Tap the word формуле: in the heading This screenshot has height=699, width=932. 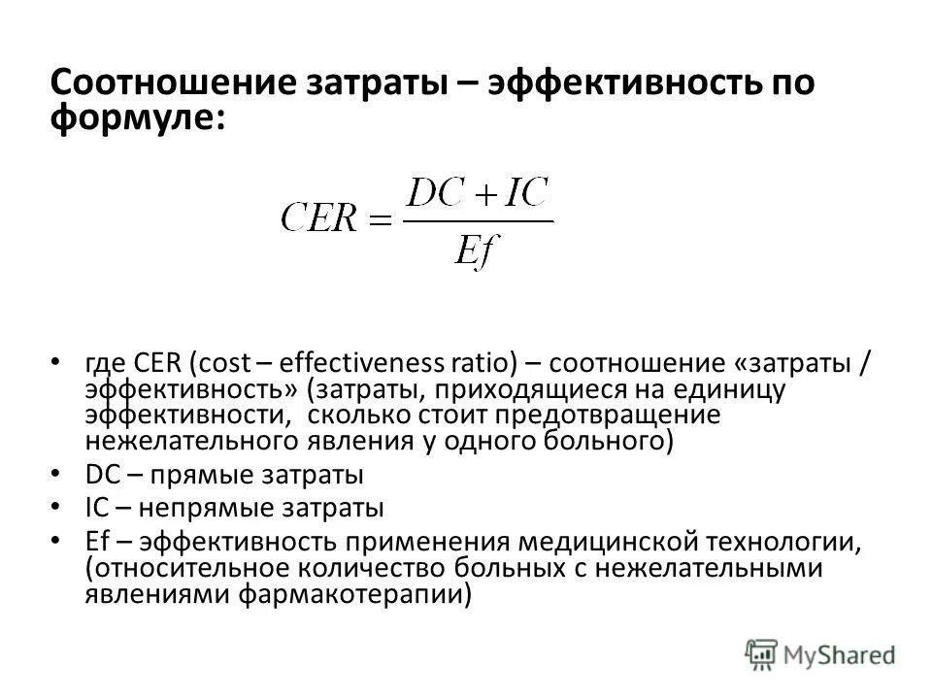tap(138, 119)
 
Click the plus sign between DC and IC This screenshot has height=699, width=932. tap(483, 192)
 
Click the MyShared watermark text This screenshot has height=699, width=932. tap(841, 653)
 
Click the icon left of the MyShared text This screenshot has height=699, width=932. tap(762, 653)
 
